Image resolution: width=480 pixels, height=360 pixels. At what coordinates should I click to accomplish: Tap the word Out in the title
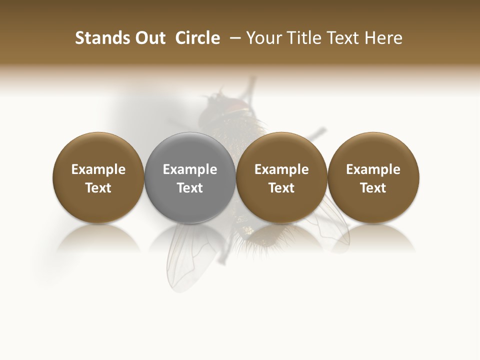pos(149,38)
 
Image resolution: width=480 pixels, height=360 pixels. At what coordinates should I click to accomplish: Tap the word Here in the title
pos(383,38)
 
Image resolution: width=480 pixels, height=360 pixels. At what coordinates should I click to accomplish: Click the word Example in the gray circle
pos(190,170)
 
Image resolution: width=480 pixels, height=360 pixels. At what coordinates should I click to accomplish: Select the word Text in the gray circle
pos(190,188)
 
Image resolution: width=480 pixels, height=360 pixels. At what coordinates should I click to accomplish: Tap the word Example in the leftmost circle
pos(98,170)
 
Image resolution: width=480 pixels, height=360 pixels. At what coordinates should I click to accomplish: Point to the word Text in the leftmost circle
pos(98,188)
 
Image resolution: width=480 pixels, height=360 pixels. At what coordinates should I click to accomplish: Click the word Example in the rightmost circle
pos(373,170)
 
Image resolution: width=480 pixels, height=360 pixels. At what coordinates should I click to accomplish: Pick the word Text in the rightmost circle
pos(373,188)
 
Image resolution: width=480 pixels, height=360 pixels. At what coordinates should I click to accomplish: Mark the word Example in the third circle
pos(281,170)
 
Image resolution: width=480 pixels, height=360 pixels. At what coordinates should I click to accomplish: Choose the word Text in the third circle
pos(281,188)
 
